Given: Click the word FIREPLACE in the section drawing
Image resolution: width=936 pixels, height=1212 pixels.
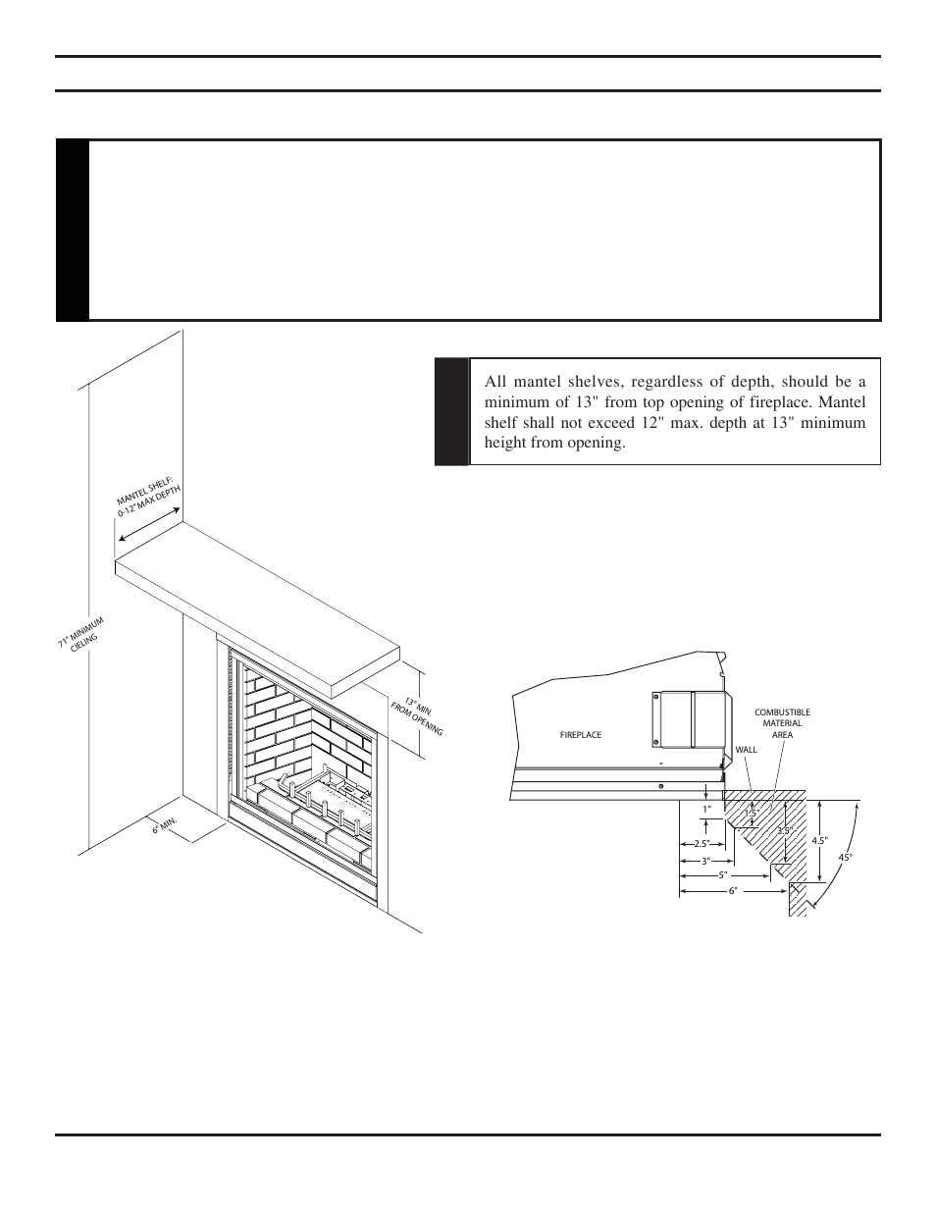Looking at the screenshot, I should (581, 735).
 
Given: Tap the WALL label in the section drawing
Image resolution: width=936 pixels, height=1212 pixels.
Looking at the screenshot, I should (747, 750).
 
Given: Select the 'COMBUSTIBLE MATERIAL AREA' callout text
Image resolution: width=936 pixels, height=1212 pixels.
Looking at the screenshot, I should (782, 723).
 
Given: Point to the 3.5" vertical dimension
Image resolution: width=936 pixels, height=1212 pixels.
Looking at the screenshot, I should (784, 830).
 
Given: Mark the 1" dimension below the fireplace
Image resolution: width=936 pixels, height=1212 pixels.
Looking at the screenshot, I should (705, 810).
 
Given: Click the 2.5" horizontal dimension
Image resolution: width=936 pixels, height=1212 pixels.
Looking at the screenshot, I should (701, 844).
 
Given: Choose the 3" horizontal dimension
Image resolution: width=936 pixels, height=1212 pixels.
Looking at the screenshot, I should (705, 861).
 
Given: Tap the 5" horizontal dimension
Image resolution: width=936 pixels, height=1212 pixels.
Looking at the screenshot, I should (723, 875).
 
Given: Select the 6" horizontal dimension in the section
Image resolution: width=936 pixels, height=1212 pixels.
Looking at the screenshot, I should (732, 891).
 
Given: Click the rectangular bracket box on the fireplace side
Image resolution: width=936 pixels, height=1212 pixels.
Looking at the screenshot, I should (693, 718).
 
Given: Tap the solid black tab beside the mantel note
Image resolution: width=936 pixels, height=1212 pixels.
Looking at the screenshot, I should (451, 411).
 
